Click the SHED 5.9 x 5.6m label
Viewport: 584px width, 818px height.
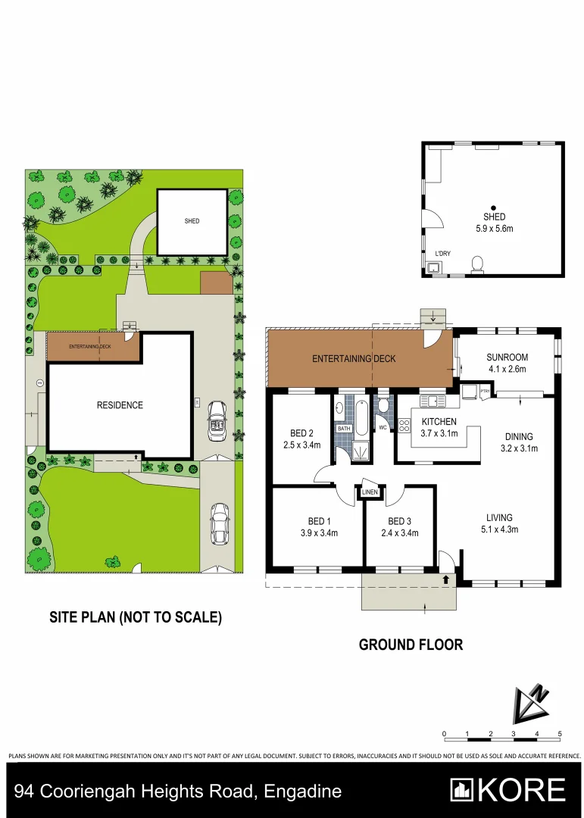coord(493,223)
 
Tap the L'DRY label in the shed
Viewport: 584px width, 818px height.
coord(442,254)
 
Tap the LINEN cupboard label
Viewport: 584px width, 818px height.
coord(370,493)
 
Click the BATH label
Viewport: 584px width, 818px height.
coord(344,429)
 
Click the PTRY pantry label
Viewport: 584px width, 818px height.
coord(485,392)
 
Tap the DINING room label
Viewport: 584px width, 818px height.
coord(519,442)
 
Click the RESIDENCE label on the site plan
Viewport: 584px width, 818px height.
coord(120,405)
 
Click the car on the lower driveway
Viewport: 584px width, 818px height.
coord(220,524)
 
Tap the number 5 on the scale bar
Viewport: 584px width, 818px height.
coord(559,734)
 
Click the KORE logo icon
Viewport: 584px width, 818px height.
coord(462,790)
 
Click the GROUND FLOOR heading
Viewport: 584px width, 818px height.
coord(411,645)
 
